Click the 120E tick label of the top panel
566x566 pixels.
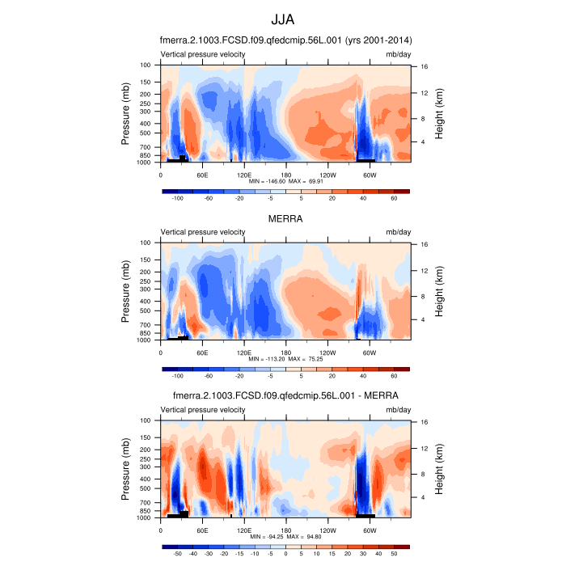[244, 175]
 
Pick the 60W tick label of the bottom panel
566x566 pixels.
[370, 530]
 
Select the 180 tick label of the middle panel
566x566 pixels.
[285, 353]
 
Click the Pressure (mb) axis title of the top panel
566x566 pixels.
[126, 113]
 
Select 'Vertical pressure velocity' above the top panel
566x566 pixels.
[203, 54]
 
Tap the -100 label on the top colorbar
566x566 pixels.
[177, 198]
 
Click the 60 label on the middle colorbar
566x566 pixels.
[394, 376]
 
